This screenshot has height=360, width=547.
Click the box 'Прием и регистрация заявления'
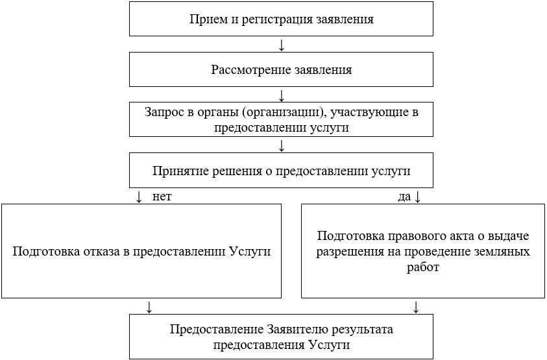click(x=281, y=19)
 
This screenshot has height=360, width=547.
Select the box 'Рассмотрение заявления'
click(x=281, y=69)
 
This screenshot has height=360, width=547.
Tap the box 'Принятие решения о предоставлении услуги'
click(x=281, y=171)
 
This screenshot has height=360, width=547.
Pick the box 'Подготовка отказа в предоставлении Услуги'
click(x=141, y=251)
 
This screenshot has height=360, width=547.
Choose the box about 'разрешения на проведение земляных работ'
click(x=423, y=251)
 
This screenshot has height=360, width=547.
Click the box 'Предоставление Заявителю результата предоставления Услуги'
click(x=281, y=336)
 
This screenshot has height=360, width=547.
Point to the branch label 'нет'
click(x=162, y=197)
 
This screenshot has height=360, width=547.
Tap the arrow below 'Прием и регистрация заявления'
click(x=281, y=45)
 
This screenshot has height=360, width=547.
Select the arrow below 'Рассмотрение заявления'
click(x=281, y=95)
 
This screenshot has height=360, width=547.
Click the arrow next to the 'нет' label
click(x=139, y=197)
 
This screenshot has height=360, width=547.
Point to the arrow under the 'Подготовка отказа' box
click(x=149, y=306)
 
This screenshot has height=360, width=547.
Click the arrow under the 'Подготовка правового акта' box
click(x=416, y=306)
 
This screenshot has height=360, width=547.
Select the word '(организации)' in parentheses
click(x=286, y=112)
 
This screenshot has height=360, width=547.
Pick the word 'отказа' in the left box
click(x=102, y=251)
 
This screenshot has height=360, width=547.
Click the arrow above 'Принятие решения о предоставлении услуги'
click(x=281, y=146)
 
